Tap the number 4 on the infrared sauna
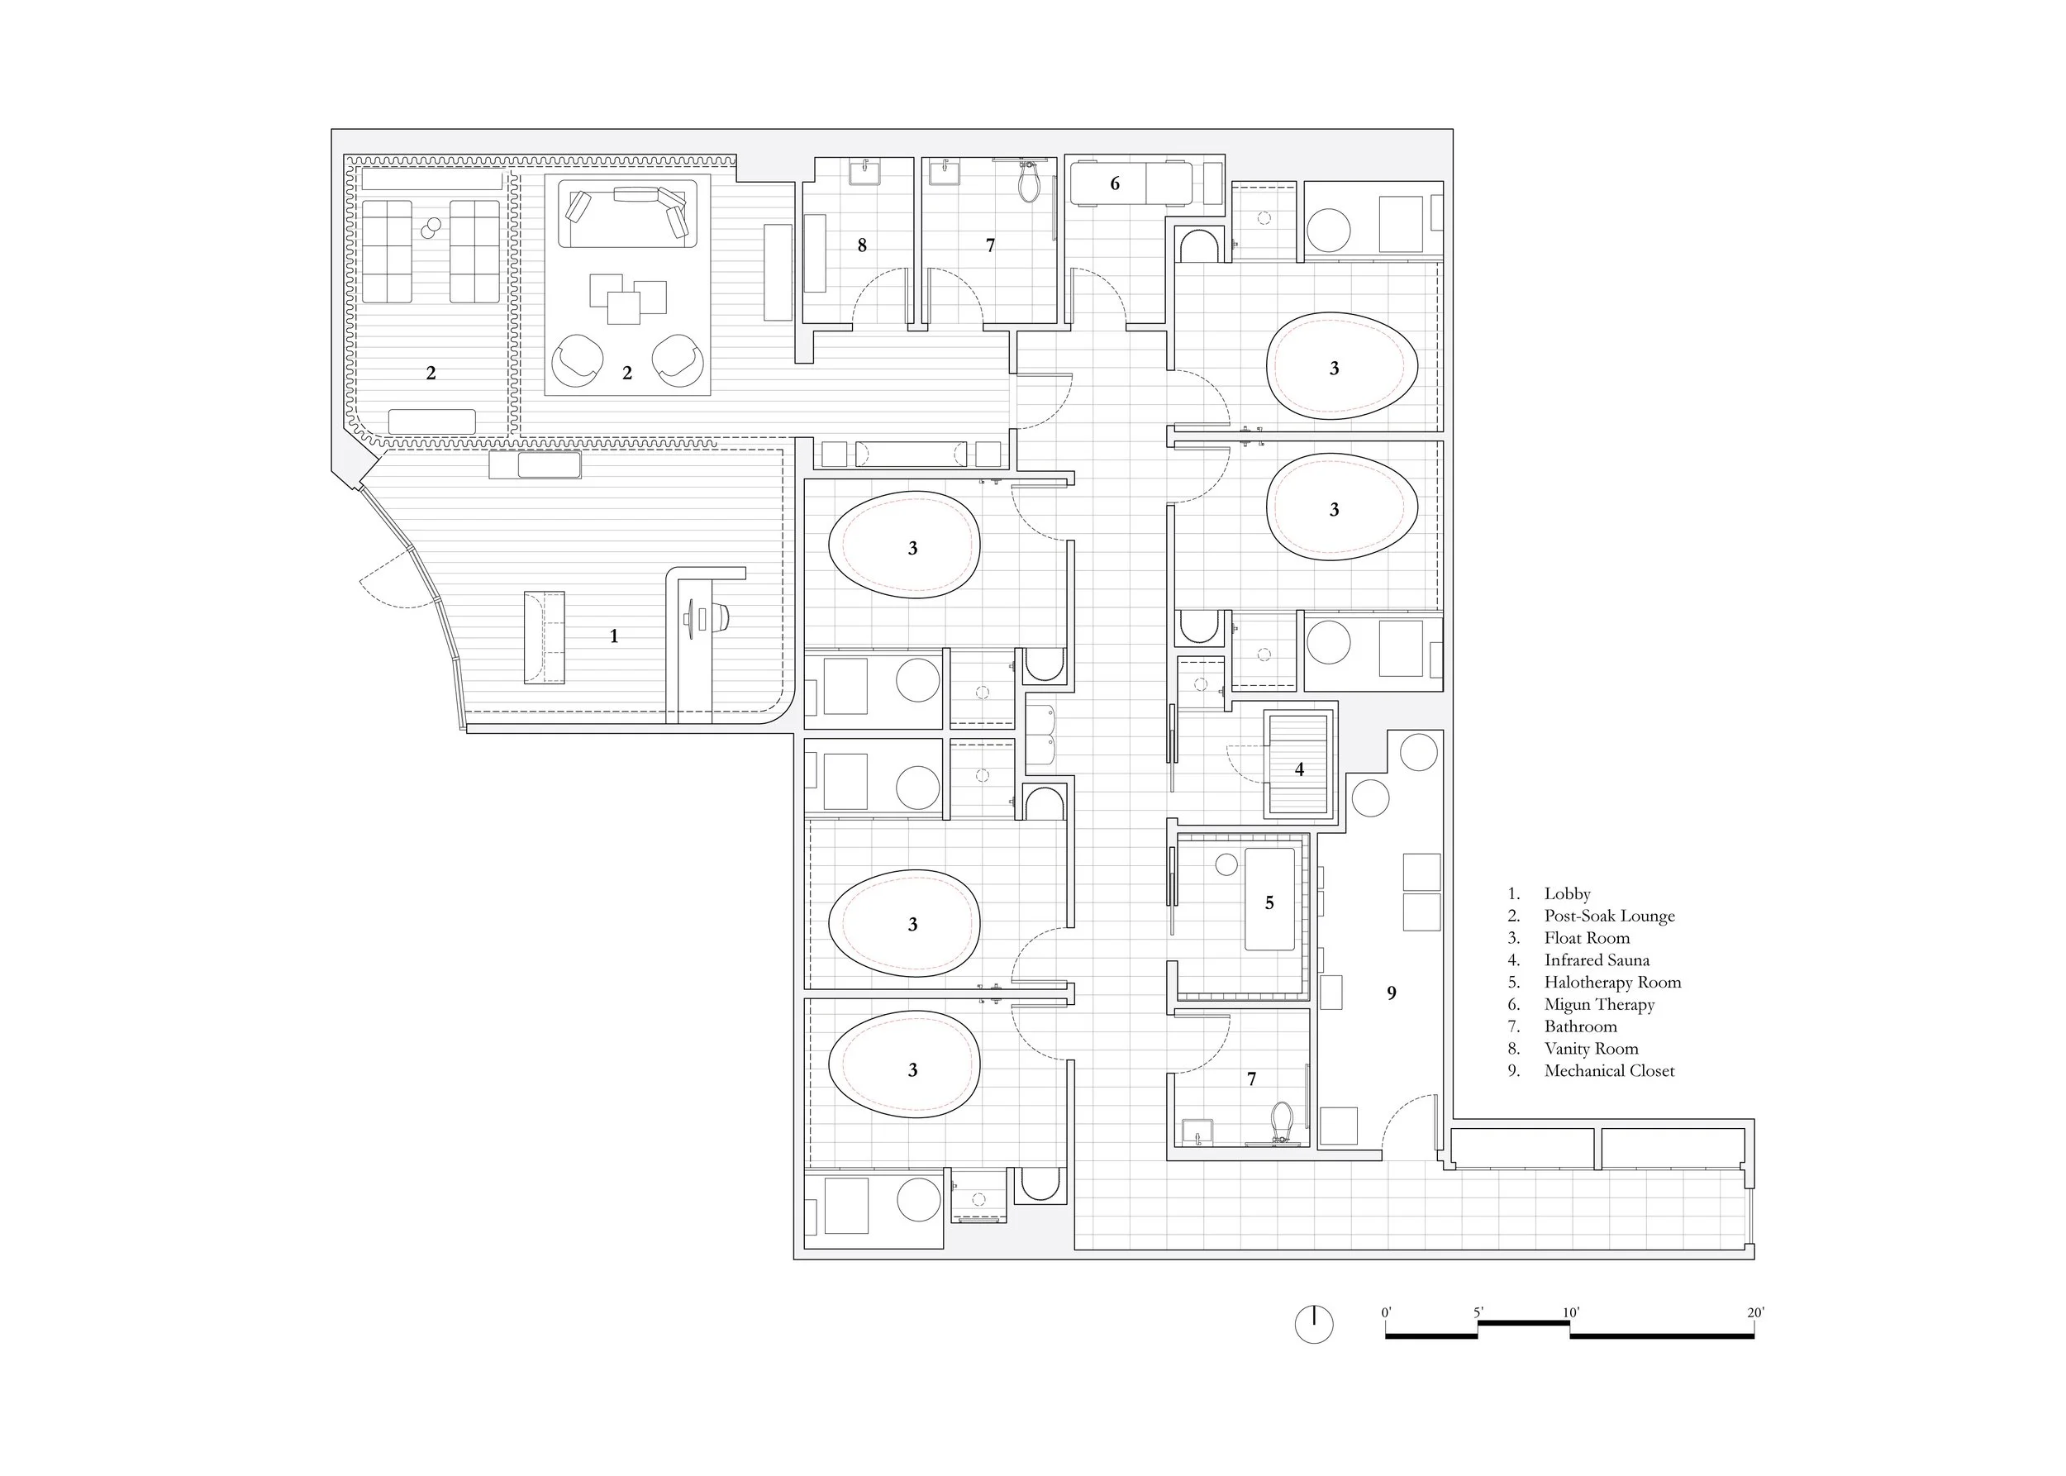pos(1299,769)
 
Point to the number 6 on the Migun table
pos(1114,183)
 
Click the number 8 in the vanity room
pos(862,245)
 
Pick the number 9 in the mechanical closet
pos(1391,993)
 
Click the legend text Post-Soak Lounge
pos(1609,917)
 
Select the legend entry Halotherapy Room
pos(1612,983)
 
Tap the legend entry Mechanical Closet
pos(1609,1071)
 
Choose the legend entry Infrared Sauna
pos(1596,959)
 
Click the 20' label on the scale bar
pos(1754,1312)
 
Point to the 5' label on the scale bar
pos(1478,1312)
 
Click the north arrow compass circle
pos(1313,1324)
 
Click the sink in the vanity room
pos(863,172)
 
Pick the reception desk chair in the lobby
pos(721,617)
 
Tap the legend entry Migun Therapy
pos(1599,1004)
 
